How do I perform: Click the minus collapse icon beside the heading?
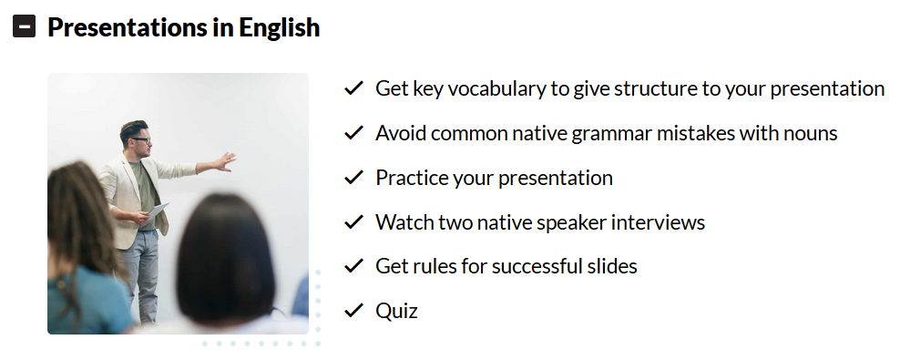coord(24,26)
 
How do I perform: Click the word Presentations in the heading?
coord(128,27)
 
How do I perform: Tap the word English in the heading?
coord(280,27)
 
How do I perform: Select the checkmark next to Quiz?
coord(353,311)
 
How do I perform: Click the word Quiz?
coord(396,311)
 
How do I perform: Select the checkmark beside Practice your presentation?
coord(353,178)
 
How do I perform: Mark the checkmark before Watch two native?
coord(353,221)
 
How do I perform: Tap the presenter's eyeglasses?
coord(141,139)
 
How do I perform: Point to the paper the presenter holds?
coord(158,211)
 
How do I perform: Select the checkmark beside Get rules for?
coord(353,266)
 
